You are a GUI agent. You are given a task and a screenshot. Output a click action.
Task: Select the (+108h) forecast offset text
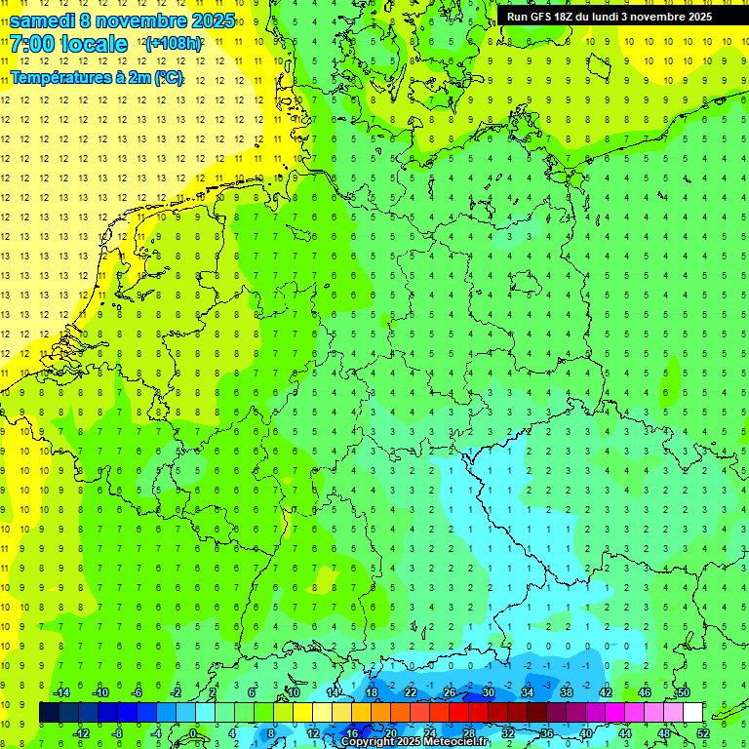174,44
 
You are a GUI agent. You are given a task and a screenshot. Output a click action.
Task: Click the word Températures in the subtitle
59,77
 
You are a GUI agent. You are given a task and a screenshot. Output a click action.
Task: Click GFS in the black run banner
542,17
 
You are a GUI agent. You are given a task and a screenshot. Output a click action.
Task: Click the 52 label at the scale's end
703,732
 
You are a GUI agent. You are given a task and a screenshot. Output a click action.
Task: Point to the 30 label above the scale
488,692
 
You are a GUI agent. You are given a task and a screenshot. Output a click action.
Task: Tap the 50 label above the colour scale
683,692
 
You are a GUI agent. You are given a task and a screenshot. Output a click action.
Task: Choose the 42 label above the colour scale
605,692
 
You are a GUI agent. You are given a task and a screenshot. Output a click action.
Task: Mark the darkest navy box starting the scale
49,713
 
